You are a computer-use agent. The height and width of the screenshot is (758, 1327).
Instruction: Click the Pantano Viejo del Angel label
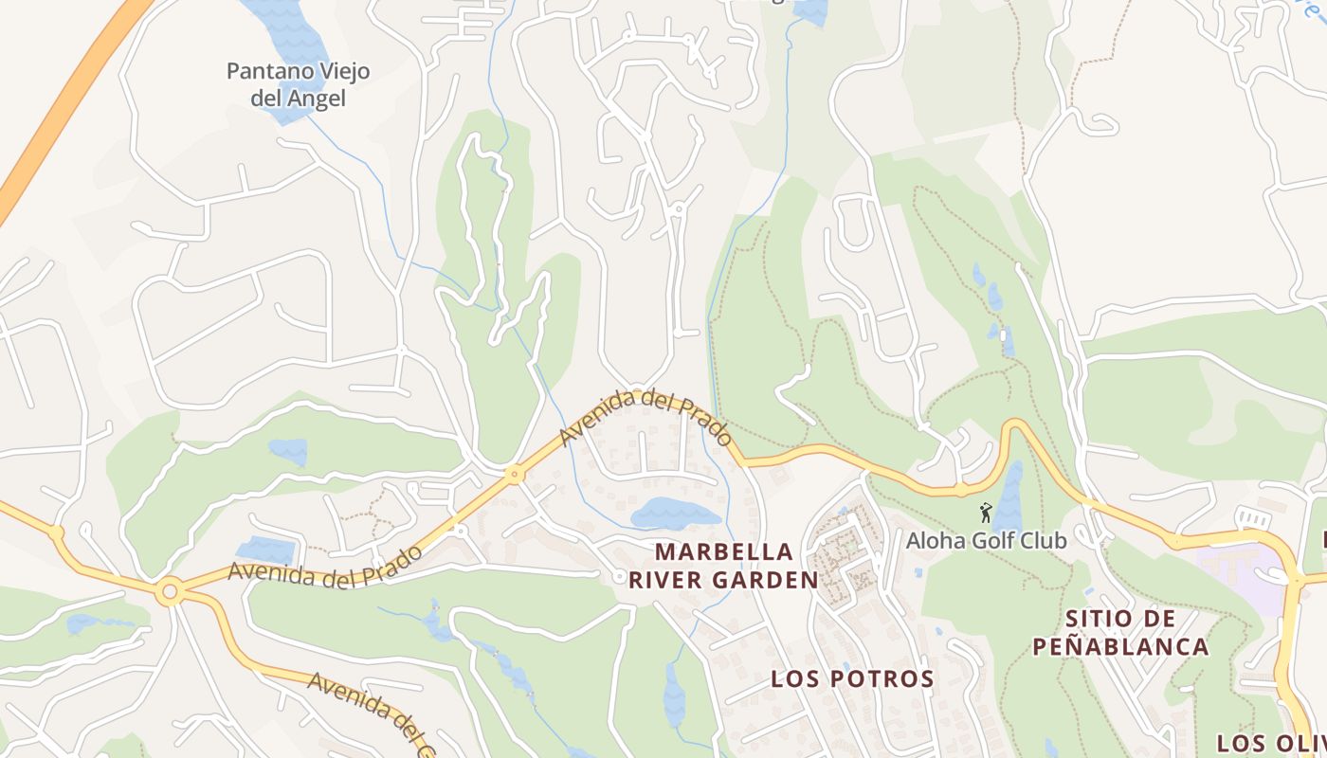298,84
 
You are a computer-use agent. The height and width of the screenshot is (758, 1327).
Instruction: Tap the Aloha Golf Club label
986,540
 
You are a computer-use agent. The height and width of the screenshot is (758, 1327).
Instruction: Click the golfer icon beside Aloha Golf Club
986,513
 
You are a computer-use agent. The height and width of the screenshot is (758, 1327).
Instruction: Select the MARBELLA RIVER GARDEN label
724,566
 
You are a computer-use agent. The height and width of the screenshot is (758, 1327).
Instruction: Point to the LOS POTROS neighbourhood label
852,678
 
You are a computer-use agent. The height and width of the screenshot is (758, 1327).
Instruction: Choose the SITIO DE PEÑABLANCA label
1120,633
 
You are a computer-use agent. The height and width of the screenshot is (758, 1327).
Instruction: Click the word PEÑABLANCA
1120,647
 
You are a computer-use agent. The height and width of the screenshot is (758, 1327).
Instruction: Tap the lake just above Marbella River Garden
674,514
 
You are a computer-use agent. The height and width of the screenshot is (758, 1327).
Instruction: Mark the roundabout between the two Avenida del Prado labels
515,474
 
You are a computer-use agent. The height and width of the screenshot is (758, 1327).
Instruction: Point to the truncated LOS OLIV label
1270,743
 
